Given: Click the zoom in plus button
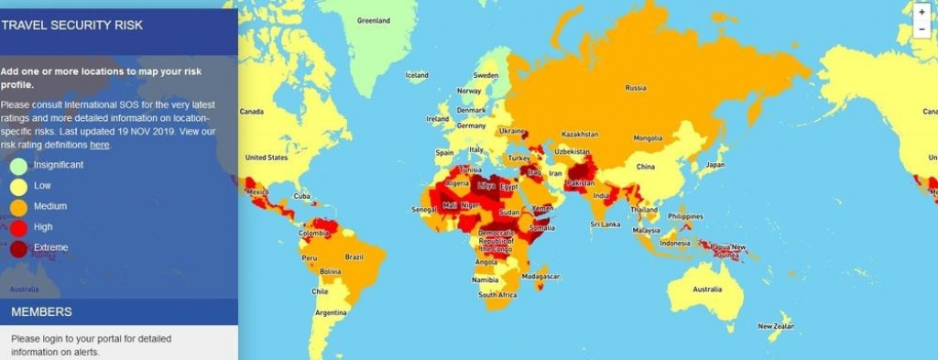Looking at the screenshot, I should point(922,13).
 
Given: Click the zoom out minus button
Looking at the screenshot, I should point(922,29).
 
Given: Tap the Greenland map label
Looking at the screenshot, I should point(373,20).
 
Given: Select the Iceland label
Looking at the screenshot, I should point(417,75).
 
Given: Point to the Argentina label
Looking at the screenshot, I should point(332,312).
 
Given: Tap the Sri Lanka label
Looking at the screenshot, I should point(606,223).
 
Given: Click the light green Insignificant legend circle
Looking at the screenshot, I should point(18,166).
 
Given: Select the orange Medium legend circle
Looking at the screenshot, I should point(18,207).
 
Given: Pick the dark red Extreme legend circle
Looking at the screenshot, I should point(18,248).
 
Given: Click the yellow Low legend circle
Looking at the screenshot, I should point(18,186).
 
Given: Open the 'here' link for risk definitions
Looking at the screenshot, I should point(99,145).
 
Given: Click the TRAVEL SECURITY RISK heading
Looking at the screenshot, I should point(72,25).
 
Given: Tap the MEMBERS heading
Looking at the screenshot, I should point(41,311).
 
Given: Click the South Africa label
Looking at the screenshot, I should point(498,295).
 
